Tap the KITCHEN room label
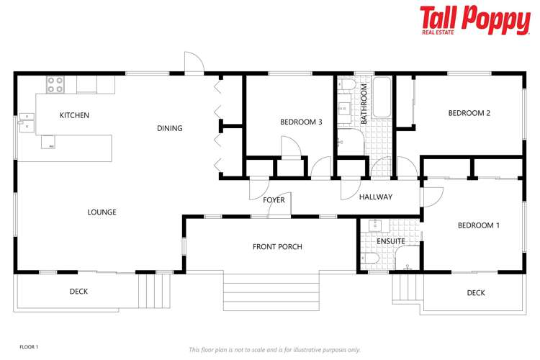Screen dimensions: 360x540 point(74,115)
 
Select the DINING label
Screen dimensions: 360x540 point(170,129)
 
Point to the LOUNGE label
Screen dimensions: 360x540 point(102,212)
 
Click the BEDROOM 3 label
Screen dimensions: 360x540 point(301,122)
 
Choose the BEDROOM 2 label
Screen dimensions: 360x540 point(469,113)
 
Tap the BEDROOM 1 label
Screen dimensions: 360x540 point(479,225)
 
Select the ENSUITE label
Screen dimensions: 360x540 point(391,241)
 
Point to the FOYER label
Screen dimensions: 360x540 point(274,199)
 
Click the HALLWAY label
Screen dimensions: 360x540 point(375,197)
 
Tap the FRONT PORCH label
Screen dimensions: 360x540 point(277,247)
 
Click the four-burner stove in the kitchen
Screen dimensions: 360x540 point(55,85)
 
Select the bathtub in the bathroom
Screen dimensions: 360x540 point(381,98)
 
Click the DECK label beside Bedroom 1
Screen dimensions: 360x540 point(476,293)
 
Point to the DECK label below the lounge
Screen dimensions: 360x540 point(78,292)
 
